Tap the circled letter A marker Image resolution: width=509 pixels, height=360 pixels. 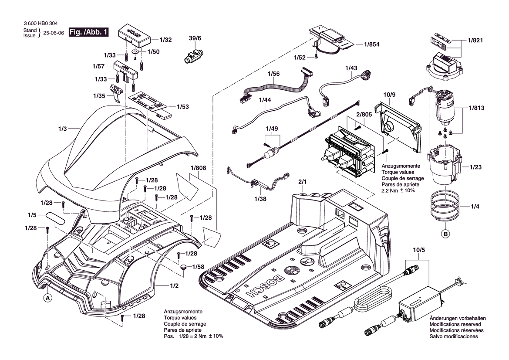[x=48, y=298]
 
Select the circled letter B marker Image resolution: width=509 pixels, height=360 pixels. [x=445, y=233]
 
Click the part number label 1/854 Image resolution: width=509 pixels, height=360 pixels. [x=372, y=44]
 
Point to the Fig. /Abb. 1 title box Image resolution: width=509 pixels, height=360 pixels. [x=88, y=32]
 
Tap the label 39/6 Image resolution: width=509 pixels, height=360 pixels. [x=195, y=38]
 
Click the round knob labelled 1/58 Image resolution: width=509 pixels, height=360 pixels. [x=184, y=267]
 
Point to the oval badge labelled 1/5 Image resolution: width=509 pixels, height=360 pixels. [x=55, y=217]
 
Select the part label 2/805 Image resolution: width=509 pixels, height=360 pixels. [x=364, y=115]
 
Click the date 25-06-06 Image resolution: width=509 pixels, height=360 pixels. [x=54, y=33]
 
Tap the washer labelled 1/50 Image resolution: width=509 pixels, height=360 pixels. [x=136, y=52]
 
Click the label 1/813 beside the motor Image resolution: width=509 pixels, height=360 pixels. [x=476, y=108]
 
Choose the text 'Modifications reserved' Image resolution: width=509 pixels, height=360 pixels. [x=455, y=324]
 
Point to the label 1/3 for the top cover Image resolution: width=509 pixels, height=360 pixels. [x=62, y=129]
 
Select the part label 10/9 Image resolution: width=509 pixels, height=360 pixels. [x=389, y=95]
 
